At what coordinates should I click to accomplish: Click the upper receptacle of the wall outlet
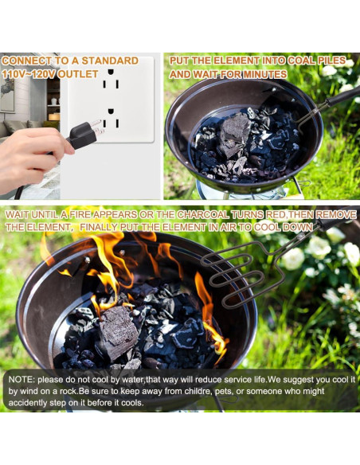pos(112,81)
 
